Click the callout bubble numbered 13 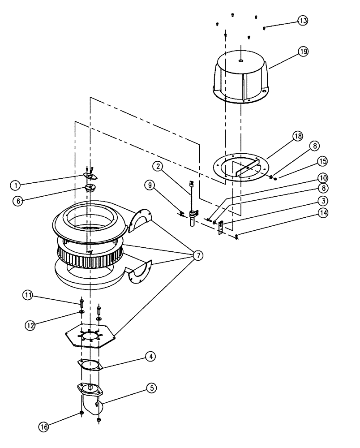pos(303,21)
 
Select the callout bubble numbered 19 pos(303,52)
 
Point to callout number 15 pos(322,160)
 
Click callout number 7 pos(197,255)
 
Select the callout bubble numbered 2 pos(157,167)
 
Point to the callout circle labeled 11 pos(28,295)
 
